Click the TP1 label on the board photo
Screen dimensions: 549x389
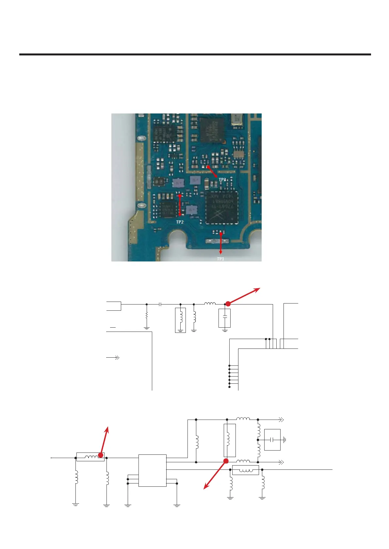(220, 259)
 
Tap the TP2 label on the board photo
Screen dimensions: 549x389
(180, 222)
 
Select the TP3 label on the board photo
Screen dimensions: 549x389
(222, 180)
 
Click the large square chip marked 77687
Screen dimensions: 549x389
(222, 208)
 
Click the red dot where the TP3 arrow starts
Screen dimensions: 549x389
(208, 167)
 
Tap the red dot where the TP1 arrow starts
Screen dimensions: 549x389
(221, 233)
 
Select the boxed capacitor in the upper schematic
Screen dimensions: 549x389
(225, 318)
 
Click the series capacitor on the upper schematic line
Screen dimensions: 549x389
(160, 304)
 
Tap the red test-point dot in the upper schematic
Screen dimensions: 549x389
(228, 304)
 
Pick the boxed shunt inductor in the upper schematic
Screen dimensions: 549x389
(180, 320)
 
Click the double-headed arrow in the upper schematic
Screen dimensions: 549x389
(113, 358)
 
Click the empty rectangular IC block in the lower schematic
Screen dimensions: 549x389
(152, 470)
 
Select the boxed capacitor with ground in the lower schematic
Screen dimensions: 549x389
(272, 440)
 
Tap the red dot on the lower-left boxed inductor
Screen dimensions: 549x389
(101, 455)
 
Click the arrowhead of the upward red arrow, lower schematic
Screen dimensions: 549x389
(109, 427)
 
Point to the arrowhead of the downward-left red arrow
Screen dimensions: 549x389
(205, 488)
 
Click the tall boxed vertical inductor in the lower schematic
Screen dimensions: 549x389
(229, 440)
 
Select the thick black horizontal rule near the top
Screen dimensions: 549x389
(195, 54)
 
